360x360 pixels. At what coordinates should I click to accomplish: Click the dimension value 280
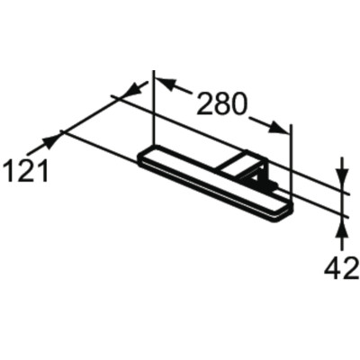(222, 106)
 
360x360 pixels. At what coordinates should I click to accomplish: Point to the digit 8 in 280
(222, 106)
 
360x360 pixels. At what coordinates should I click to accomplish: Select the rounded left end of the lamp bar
(143, 159)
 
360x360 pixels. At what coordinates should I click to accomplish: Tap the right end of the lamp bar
(286, 209)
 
